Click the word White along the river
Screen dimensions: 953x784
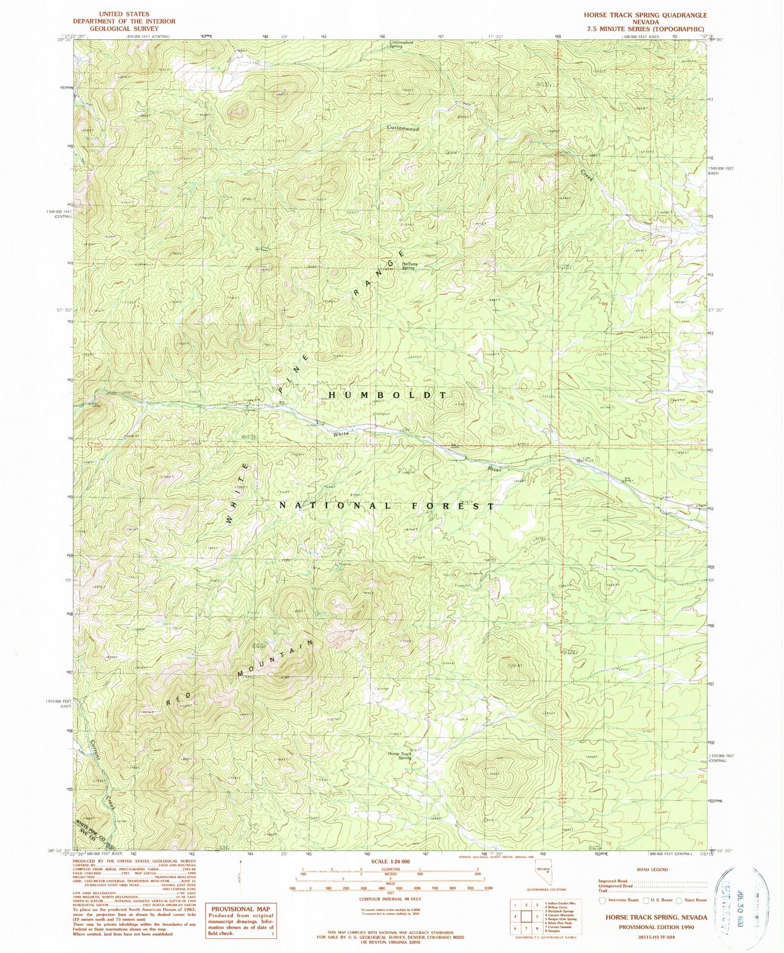click(x=341, y=434)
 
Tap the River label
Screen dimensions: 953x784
click(x=495, y=470)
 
